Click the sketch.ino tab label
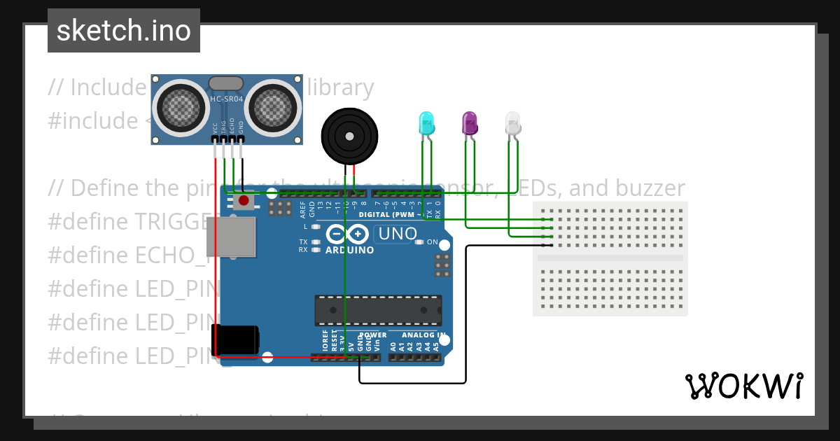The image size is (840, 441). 124,31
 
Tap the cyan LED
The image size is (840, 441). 426,123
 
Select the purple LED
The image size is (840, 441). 469,123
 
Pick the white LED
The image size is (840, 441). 513,123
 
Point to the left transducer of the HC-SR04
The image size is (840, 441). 181,106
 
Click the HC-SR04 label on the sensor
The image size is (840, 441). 227,99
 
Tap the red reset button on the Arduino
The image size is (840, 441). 244,201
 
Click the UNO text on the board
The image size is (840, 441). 397,234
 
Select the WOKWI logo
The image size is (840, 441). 743,386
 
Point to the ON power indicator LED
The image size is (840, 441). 420,242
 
